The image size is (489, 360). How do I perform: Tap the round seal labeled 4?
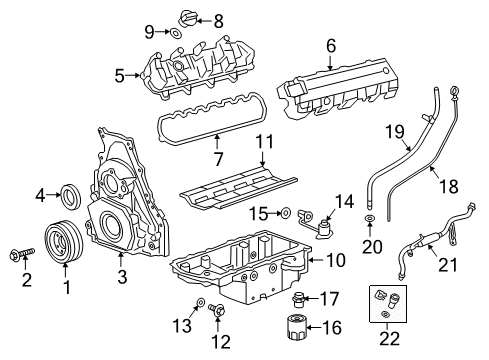coord(73,192)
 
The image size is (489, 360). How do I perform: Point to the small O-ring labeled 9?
coord(173,33)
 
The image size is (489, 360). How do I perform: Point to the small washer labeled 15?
coord(283,212)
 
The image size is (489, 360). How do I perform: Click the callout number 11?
coord(263,141)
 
